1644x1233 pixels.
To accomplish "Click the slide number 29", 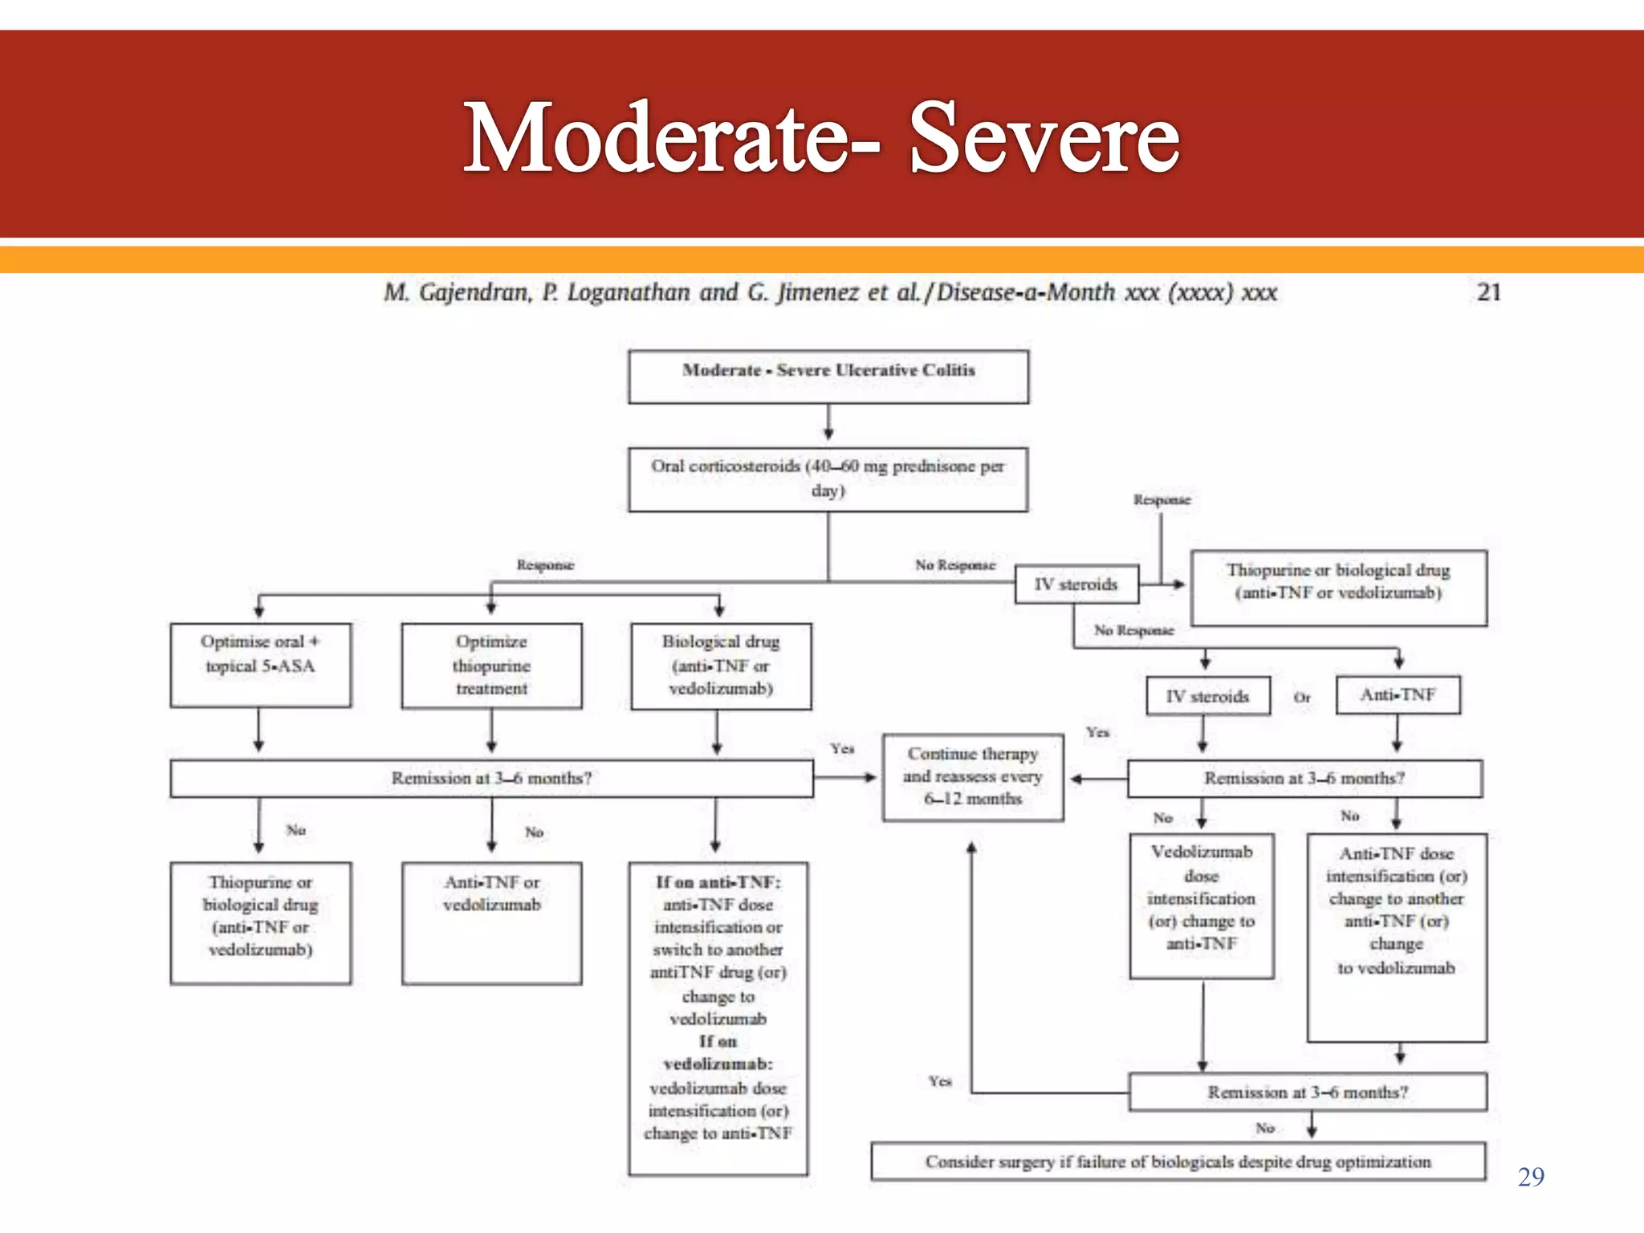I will click(1531, 1177).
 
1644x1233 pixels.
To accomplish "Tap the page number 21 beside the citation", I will click(1489, 291).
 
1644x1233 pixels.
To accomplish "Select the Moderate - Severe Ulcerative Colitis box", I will click(828, 376).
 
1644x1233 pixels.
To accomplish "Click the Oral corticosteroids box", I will click(828, 479).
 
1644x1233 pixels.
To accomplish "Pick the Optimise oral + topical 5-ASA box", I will click(260, 665).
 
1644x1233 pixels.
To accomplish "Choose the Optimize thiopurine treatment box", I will click(491, 665).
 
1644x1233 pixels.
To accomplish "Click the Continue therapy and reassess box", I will click(973, 776).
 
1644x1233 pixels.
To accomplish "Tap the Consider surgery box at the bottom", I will click(1178, 1162).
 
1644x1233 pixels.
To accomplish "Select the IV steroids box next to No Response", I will click(1076, 584).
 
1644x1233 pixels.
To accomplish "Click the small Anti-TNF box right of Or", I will click(1398, 694).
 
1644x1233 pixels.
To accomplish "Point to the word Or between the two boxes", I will click(1302, 698).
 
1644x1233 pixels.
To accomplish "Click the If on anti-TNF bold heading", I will click(718, 882).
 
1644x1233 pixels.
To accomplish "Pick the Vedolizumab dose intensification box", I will click(1202, 905).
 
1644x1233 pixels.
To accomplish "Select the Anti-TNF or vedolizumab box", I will click(491, 922).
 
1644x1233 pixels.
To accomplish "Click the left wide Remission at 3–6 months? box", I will click(491, 778).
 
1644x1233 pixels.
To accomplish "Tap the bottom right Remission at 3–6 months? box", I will click(1308, 1092).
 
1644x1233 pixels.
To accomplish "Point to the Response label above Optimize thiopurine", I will click(546, 565).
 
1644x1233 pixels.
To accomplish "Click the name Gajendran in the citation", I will click(474, 292).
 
